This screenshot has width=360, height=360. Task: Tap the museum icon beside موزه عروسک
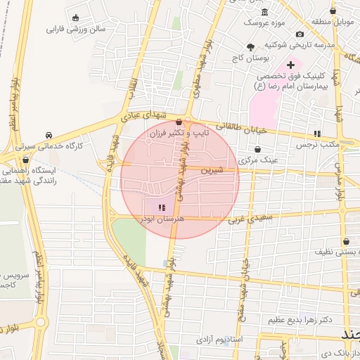(x=264, y=13)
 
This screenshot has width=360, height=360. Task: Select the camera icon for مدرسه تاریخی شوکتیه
(x=300, y=34)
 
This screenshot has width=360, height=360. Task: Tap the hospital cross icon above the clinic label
(x=290, y=65)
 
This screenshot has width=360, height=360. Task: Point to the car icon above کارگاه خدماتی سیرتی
(x=49, y=134)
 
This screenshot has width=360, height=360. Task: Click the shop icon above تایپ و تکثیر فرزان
(x=179, y=122)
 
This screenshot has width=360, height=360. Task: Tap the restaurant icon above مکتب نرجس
(x=317, y=133)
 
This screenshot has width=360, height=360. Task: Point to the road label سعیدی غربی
(x=244, y=219)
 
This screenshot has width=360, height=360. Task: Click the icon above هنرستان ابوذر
(x=161, y=207)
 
